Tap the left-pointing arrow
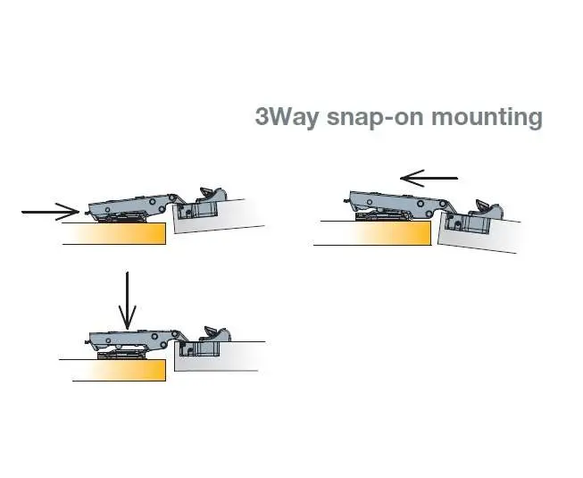coord(429,179)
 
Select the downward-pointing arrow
coord(128,300)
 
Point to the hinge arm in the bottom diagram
coord(134,338)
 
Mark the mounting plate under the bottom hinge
coord(121,355)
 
